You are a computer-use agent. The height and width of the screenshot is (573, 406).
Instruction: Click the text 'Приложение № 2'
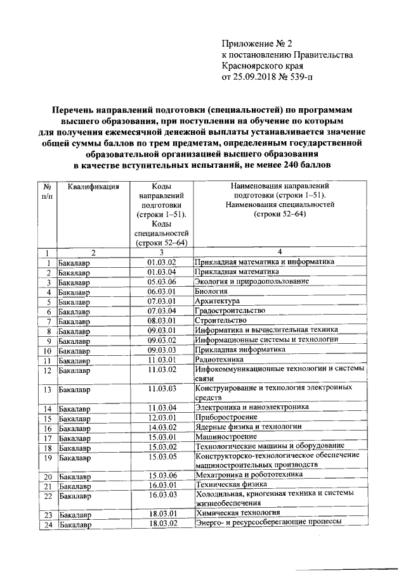tap(258, 44)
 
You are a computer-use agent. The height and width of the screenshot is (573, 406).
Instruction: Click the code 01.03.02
tap(161, 261)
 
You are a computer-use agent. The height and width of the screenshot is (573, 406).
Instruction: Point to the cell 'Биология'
tap(211, 291)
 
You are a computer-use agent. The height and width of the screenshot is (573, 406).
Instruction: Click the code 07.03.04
tap(161, 311)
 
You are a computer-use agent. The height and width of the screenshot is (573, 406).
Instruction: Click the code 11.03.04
tap(161, 408)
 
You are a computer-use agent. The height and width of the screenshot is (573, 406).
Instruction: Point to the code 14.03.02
tap(161, 427)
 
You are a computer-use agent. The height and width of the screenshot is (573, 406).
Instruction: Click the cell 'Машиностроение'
tap(226, 436)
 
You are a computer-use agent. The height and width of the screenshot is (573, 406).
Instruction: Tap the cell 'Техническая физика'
tap(233, 485)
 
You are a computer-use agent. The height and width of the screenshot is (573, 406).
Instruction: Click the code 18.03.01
tap(161, 513)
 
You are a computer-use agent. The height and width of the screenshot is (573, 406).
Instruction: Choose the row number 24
tap(47, 524)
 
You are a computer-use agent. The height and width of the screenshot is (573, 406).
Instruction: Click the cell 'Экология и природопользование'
tap(252, 281)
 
